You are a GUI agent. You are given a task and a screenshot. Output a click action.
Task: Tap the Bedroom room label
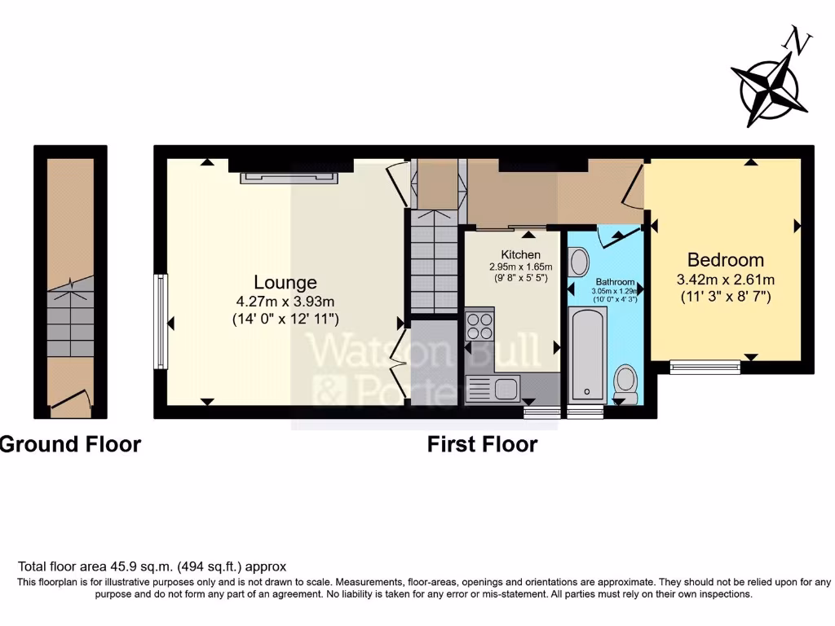point(726,260)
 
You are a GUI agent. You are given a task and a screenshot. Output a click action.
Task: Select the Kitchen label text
point(520,255)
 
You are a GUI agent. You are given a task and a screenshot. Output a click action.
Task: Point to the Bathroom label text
point(614,281)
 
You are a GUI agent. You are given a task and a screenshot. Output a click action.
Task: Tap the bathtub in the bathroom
point(588,355)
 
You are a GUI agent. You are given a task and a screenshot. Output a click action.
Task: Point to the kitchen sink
point(493,388)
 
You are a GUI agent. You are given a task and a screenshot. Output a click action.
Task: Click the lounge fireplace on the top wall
point(289,177)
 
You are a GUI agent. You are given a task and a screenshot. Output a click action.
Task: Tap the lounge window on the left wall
point(159,322)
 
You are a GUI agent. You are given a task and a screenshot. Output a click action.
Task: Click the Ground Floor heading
point(70,444)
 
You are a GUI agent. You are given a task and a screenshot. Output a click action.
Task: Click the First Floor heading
point(482,444)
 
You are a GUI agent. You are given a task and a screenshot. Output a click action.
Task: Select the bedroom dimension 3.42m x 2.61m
point(725,279)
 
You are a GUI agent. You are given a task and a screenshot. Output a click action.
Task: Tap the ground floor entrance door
point(71,400)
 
